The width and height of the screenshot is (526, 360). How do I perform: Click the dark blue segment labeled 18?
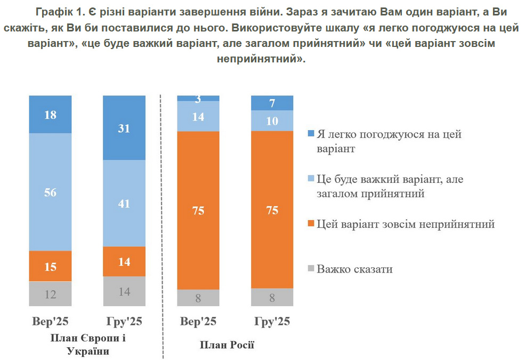pyautogui.click(x=50, y=114)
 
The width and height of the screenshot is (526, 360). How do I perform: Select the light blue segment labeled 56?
pyautogui.click(x=50, y=192)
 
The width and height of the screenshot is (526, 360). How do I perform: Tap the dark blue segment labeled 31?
pyautogui.click(x=124, y=128)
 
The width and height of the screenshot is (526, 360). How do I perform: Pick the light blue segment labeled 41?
pyautogui.click(x=124, y=203)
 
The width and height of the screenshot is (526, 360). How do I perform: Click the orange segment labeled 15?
pyautogui.click(x=50, y=266)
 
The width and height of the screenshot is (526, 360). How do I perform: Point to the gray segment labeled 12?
pyautogui.click(x=50, y=294)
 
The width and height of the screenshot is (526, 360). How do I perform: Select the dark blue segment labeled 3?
pyautogui.click(x=198, y=98)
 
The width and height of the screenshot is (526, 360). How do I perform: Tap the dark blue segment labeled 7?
pyautogui.click(x=272, y=103)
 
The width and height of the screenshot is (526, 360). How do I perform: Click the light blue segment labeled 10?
pyautogui.click(x=272, y=121)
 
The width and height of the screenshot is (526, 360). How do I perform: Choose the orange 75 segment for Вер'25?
pyautogui.click(x=198, y=210)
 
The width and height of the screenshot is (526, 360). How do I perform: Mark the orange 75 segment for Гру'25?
pyautogui.click(x=272, y=210)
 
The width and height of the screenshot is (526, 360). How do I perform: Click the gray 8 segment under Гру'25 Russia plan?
pyautogui.click(x=272, y=298)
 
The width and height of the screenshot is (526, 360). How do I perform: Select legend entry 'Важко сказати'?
pyautogui.click(x=354, y=269)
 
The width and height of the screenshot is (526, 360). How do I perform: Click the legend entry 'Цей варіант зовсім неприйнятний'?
pyautogui.click(x=405, y=224)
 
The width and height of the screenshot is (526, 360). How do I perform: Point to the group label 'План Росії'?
pyautogui.click(x=227, y=345)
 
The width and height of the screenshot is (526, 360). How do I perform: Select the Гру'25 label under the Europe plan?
pyautogui.click(x=124, y=322)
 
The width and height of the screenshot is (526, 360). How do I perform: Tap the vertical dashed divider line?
pyautogui.click(x=161, y=224)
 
